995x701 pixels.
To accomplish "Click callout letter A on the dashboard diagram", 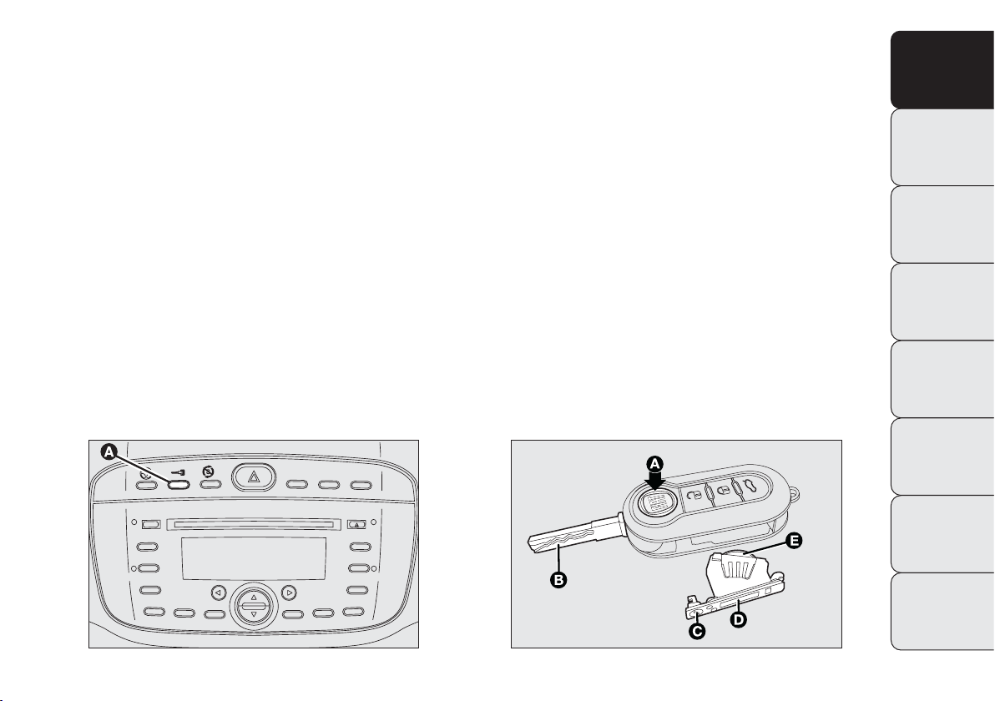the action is click(109, 451).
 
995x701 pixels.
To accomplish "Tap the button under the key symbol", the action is click(179, 484).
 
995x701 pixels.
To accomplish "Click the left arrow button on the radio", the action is click(219, 593).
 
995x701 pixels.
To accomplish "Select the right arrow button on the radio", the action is click(289, 593).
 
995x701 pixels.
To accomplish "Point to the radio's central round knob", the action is click(253, 606).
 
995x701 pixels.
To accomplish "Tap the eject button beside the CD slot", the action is click(356, 525).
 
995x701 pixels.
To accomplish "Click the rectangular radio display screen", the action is click(253, 558).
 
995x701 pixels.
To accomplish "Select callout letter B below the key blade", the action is click(558, 579).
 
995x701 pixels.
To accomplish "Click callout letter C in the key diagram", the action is click(697, 632).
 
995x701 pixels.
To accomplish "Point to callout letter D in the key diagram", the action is click(739, 618).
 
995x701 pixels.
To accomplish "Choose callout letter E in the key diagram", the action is click(793, 541).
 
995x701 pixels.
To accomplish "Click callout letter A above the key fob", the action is click(655, 463).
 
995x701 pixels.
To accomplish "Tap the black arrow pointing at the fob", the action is click(656, 480).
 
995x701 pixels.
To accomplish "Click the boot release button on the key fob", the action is click(749, 487).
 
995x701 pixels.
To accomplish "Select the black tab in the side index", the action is click(942, 70).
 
